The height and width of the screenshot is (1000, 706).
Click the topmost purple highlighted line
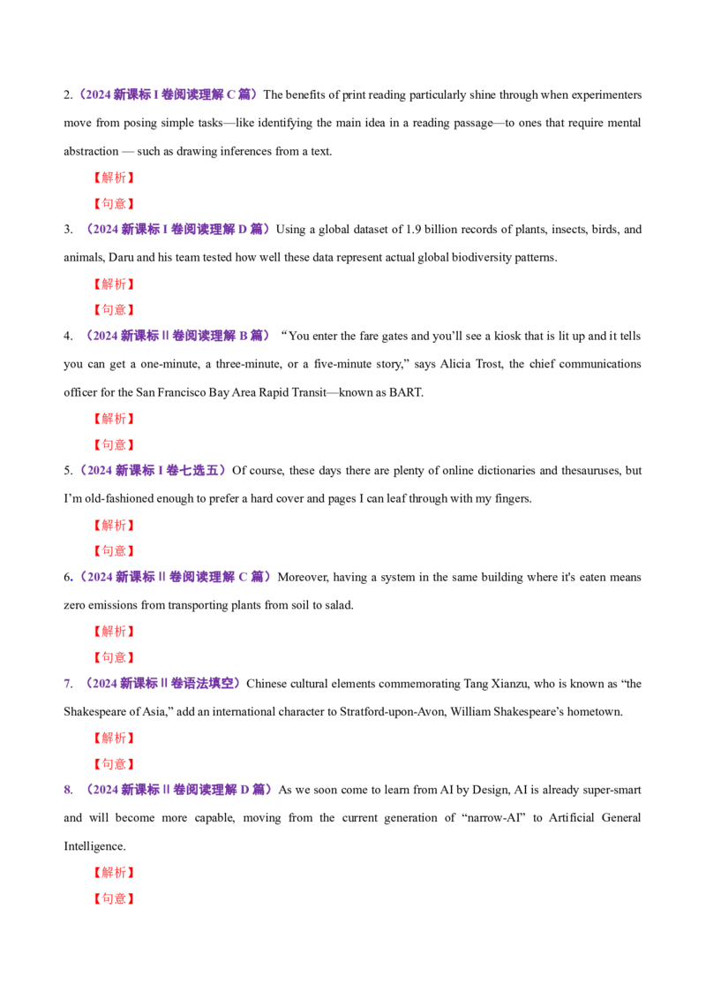point(168,94)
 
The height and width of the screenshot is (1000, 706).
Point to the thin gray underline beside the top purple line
point(288,103)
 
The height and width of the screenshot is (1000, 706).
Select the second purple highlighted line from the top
point(176,230)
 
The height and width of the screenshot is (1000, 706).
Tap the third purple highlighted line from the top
point(176,336)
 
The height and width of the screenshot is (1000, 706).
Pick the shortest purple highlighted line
point(152,470)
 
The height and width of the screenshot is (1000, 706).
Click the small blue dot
point(72,580)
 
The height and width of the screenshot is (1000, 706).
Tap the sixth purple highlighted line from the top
point(162,683)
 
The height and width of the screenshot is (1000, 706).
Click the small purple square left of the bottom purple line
point(67,791)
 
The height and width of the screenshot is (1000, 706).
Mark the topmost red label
point(113,177)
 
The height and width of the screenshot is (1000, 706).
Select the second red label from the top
point(113,204)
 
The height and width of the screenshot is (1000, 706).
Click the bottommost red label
point(113,898)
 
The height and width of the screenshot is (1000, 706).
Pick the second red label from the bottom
point(113,873)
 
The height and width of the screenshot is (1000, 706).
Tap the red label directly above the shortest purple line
point(113,444)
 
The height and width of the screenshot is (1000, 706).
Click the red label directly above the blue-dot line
point(113,551)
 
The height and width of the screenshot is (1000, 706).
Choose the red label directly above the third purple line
point(113,310)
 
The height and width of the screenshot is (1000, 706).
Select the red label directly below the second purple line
point(113,284)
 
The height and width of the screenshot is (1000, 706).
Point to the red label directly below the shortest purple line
point(113,526)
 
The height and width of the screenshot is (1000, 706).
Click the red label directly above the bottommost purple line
point(113,763)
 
